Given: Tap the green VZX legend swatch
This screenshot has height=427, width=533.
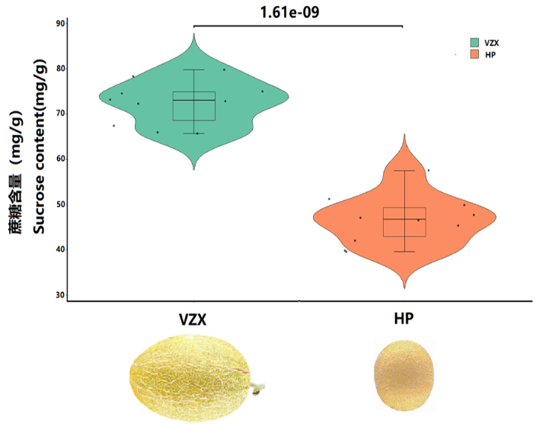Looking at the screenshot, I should tap(474, 42).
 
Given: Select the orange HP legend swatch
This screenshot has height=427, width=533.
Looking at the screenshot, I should tap(474, 56).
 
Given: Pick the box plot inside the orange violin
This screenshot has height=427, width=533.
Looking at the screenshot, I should tap(404, 221).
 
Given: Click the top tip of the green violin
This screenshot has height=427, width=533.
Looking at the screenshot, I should tap(193, 35).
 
